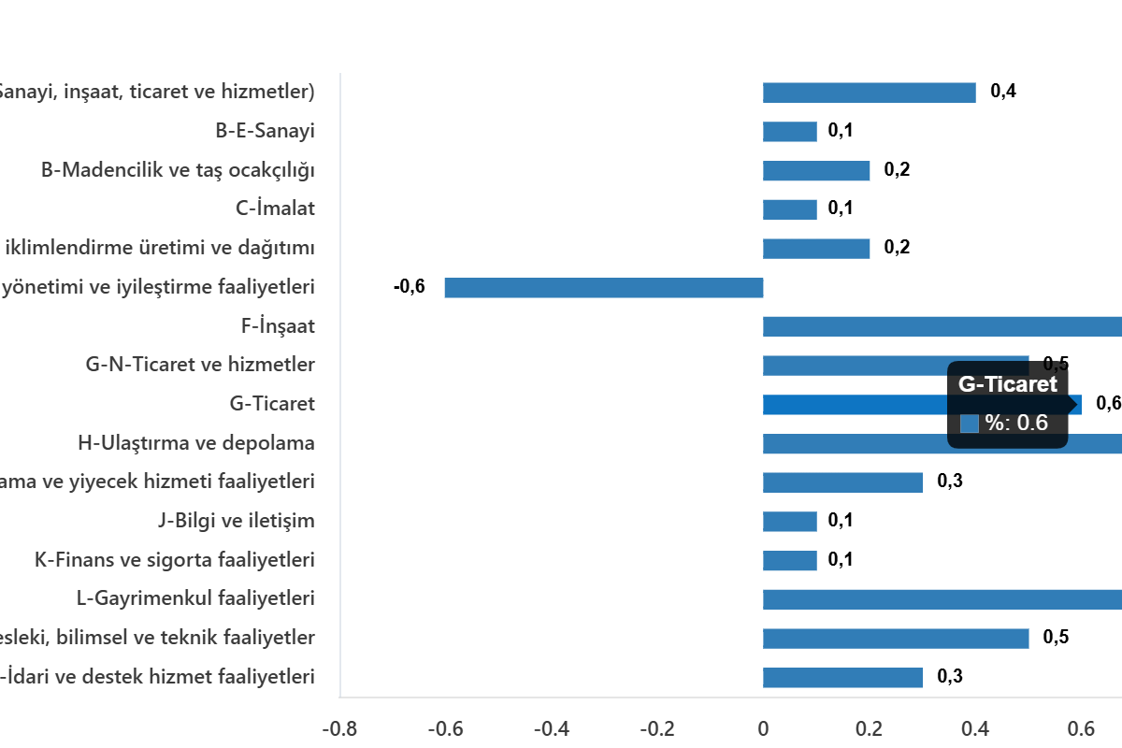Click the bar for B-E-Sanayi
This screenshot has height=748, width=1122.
[790, 132]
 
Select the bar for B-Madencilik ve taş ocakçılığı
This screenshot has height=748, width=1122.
[816, 171]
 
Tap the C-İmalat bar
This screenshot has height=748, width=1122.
[790, 209]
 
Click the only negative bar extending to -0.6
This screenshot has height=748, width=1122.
[603, 288]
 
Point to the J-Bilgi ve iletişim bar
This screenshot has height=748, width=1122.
[790, 522]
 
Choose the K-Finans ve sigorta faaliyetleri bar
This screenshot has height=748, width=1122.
[790, 561]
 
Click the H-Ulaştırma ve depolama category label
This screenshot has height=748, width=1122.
[196, 443]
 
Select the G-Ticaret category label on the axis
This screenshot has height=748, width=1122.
[272, 405]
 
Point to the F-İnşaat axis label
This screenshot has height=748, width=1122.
[278, 326]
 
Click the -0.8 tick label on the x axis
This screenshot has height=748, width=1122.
[338, 728]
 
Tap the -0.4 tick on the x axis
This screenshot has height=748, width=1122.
[551, 728]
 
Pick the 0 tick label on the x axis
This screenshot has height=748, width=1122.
[763, 728]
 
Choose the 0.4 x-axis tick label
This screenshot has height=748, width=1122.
[976, 728]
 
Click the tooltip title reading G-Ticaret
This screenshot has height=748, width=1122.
[1008, 384]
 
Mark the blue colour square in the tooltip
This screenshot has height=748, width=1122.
[970, 424]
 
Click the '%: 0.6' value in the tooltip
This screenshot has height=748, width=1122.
[1016, 424]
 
